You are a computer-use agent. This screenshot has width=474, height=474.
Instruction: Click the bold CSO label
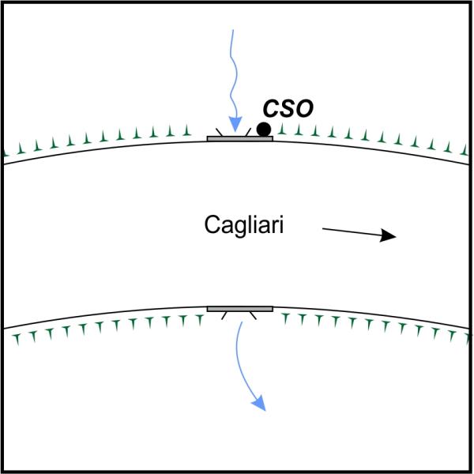pos(288,108)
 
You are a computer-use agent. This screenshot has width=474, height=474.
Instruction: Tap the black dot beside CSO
pos(264,130)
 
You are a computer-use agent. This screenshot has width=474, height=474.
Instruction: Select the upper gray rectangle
pos(240,139)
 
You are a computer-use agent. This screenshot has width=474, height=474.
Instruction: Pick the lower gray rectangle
pos(240,309)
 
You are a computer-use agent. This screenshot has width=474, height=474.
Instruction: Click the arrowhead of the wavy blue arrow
pos(235,124)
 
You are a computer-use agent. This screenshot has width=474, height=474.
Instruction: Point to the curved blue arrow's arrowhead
pos(259,404)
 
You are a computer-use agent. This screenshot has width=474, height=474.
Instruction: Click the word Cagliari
pos(244,224)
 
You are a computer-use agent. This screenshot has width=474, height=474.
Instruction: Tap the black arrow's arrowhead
pos(388,235)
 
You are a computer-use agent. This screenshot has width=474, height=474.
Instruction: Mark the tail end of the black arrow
pos(323,229)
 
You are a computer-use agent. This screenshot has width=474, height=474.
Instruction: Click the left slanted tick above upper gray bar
pos(219,132)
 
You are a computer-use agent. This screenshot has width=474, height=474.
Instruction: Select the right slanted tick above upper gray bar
pos(248,132)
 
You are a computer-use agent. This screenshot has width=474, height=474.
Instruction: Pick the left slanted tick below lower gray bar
pos(224,315)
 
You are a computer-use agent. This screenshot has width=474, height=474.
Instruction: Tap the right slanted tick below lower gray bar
pos(253,315)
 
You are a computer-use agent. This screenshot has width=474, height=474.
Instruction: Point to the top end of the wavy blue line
pos(233,30)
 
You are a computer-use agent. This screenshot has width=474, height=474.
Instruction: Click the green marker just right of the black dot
pos(282,129)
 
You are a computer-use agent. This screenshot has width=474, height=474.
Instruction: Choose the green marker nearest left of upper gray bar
pos(187,130)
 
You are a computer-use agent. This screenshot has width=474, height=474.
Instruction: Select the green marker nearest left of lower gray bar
pos(200,320)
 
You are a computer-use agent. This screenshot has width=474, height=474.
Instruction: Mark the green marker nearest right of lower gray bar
pos(285,319)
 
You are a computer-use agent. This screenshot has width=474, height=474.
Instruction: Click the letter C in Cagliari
pos(212,224)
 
